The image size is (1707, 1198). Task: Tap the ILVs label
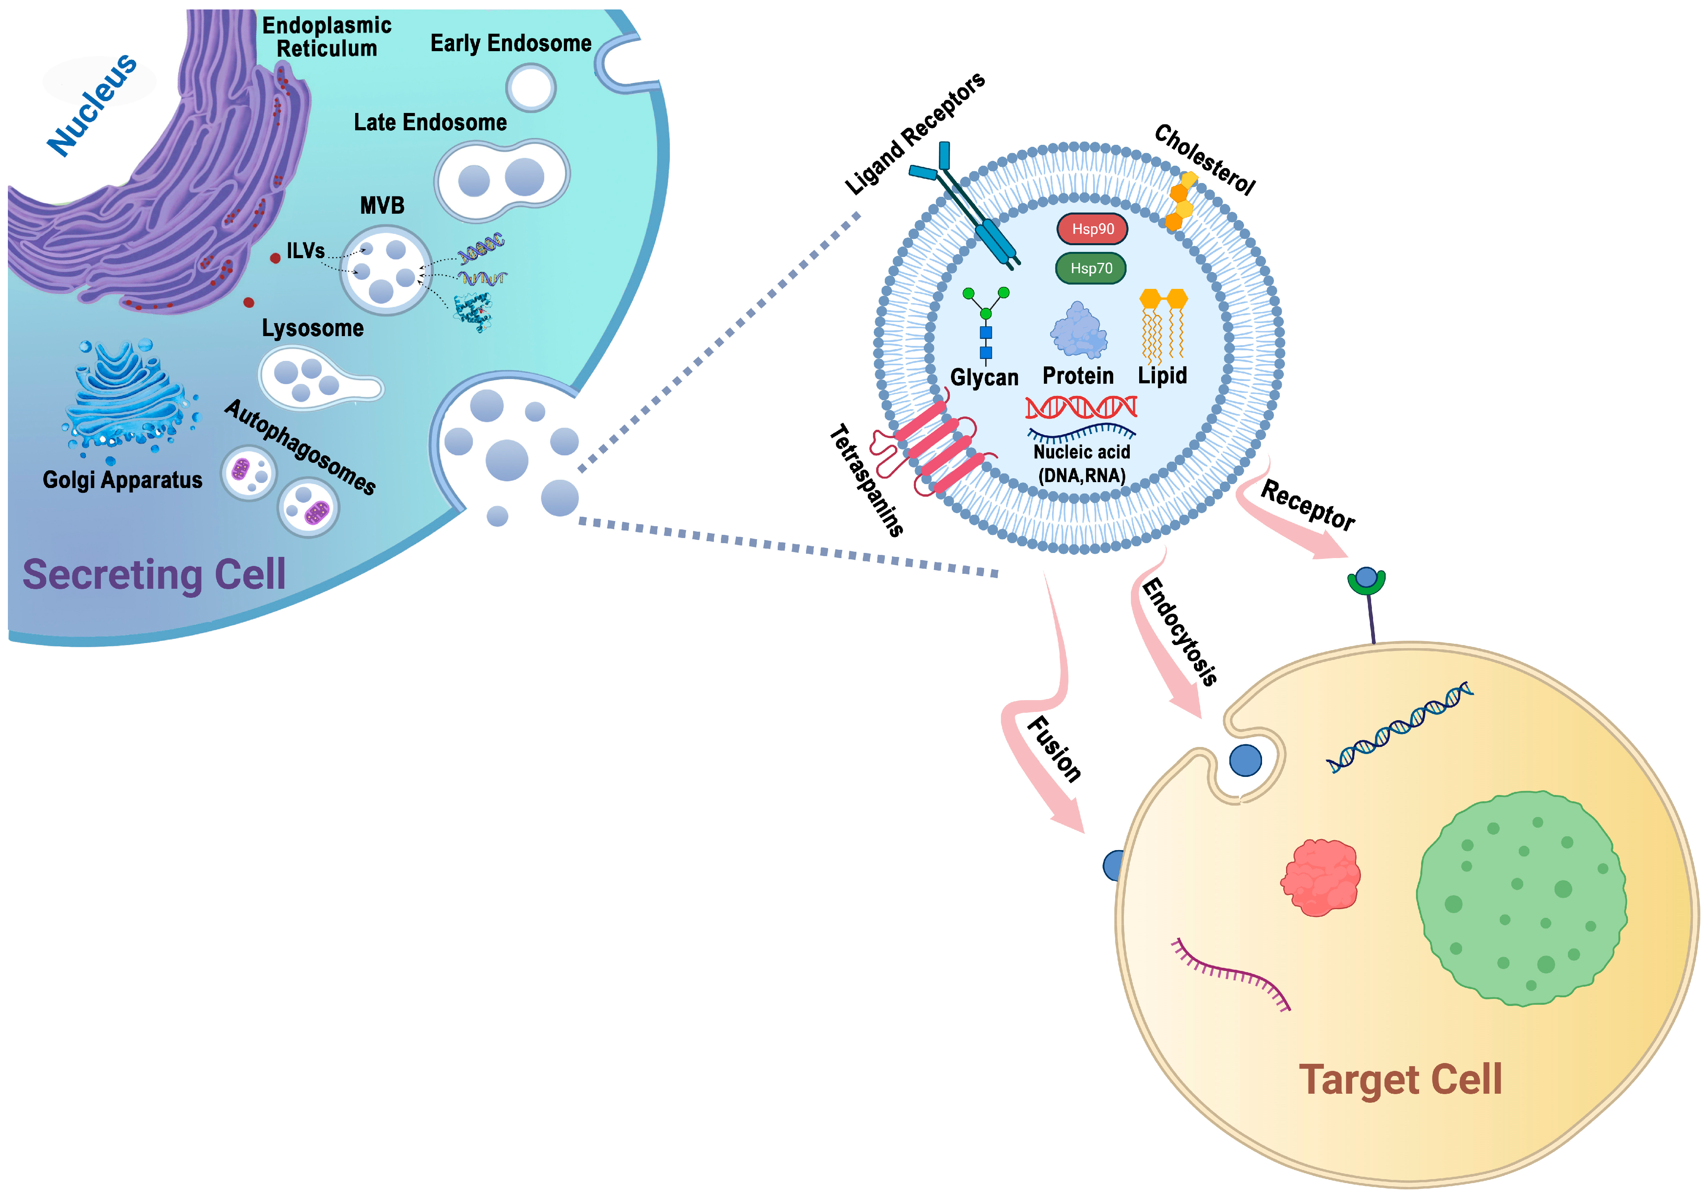coord(306,251)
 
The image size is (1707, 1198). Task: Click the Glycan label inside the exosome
coord(984,377)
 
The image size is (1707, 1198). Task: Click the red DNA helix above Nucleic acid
coord(1081,407)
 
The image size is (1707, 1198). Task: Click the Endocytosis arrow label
coord(1179,632)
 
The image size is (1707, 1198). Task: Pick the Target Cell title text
coord(1400,1079)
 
